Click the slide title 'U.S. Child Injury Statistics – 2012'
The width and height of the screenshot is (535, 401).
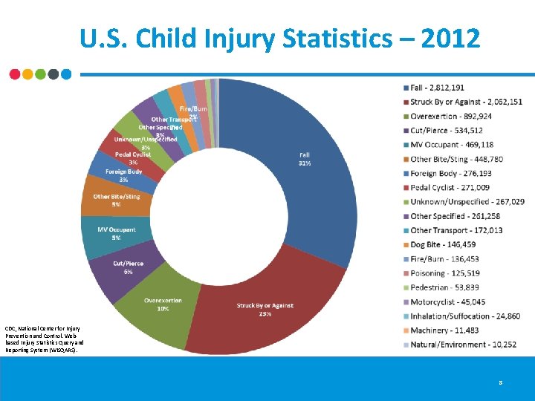281,38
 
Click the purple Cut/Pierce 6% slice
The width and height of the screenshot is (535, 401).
123,267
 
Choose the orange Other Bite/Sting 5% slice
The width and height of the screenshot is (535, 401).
116,200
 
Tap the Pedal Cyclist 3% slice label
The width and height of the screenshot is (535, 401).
133,157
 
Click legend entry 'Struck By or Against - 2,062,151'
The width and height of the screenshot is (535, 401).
466,102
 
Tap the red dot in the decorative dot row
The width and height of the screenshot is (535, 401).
15,74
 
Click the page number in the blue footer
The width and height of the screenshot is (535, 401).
501,382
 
